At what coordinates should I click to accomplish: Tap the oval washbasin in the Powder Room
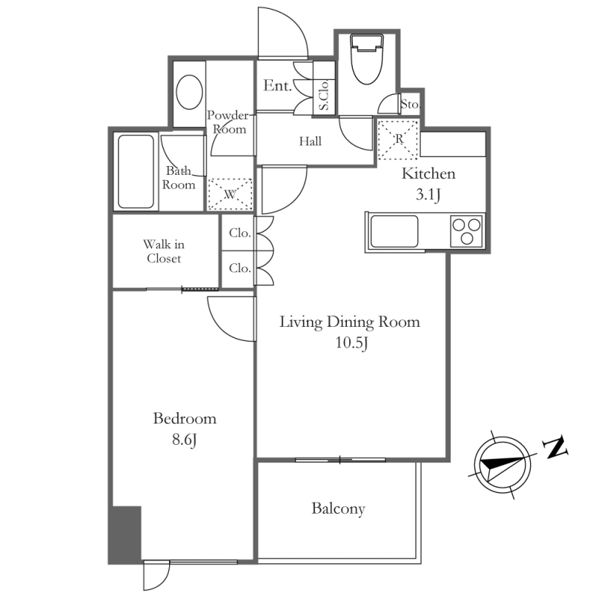click(x=190, y=92)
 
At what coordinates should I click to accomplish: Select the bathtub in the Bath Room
click(x=136, y=171)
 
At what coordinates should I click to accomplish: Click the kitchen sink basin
click(x=394, y=231)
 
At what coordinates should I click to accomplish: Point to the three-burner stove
click(x=466, y=231)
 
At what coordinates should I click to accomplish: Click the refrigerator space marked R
click(x=398, y=139)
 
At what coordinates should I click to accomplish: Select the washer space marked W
click(x=230, y=194)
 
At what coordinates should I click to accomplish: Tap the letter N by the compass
click(x=554, y=448)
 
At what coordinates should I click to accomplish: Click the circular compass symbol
click(x=503, y=465)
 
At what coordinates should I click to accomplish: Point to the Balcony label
click(x=339, y=508)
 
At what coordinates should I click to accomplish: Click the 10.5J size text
click(x=351, y=343)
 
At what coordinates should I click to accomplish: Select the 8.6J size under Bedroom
click(x=184, y=440)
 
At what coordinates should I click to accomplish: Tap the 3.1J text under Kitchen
click(x=428, y=195)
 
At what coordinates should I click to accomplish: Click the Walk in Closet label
click(x=164, y=251)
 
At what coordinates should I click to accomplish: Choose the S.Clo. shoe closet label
click(x=325, y=95)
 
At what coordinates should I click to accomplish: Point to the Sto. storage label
click(x=411, y=104)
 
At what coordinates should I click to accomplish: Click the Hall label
click(x=310, y=142)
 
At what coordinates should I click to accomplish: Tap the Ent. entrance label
click(x=277, y=85)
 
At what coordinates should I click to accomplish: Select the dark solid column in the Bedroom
click(x=125, y=534)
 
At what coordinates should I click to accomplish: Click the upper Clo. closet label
click(x=240, y=233)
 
